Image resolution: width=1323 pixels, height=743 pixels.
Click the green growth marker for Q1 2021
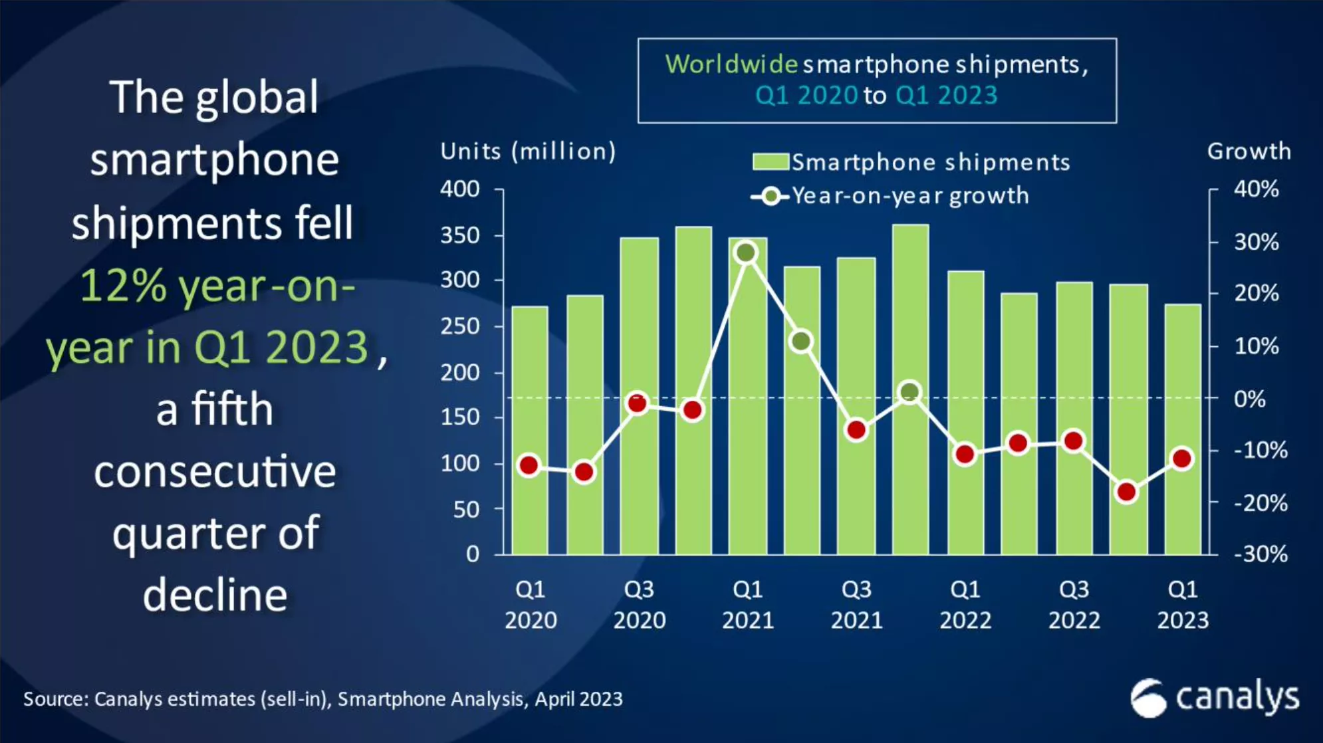(x=747, y=253)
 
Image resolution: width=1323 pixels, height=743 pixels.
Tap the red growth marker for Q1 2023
(x=1182, y=459)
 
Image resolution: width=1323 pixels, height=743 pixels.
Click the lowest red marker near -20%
(x=1127, y=492)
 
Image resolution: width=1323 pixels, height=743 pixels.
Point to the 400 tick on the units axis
(x=460, y=189)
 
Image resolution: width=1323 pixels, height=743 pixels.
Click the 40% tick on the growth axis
(x=1256, y=189)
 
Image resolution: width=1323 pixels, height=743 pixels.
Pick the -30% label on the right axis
(x=1261, y=554)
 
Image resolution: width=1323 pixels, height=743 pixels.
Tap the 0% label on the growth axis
(x=1249, y=399)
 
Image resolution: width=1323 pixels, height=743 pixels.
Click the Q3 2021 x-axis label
(x=856, y=604)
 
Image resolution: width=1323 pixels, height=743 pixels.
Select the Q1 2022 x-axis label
(x=965, y=604)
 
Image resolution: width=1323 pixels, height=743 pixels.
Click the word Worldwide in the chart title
(x=731, y=64)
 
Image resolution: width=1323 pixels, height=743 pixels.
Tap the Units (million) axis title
(x=529, y=152)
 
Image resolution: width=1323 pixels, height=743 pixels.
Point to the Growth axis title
(x=1249, y=152)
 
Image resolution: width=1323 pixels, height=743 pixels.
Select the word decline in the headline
(x=215, y=595)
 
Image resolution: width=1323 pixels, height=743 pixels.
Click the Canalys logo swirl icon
(x=1148, y=698)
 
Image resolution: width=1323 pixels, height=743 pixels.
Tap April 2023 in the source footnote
(x=578, y=699)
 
